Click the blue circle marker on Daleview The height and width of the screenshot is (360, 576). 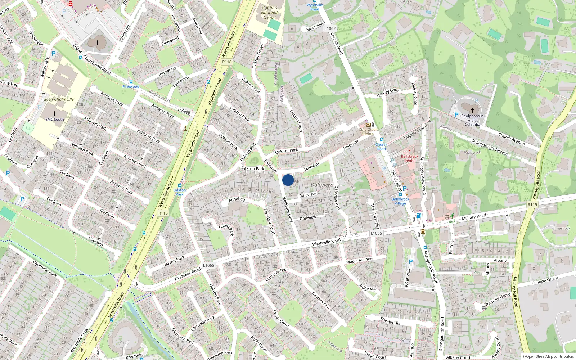click(x=288, y=180)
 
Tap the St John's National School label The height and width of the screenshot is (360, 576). click(x=269, y=13)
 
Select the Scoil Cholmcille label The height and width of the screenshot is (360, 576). click(x=59, y=99)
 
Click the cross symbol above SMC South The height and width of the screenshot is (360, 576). click(x=55, y=113)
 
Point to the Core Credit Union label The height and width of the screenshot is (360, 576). click(x=368, y=131)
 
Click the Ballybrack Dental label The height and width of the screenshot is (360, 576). click(x=410, y=158)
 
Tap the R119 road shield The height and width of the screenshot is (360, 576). click(x=532, y=204)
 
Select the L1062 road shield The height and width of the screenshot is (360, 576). click(x=330, y=28)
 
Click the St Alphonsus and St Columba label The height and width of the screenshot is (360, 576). click(x=472, y=120)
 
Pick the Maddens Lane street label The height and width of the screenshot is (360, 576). click(x=287, y=209)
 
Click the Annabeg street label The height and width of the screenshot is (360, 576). click(x=237, y=199)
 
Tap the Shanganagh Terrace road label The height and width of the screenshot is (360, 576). click(x=490, y=147)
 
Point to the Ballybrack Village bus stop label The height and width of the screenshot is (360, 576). click(x=400, y=201)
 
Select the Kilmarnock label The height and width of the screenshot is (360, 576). click(x=561, y=228)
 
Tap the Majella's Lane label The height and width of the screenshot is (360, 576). click(x=415, y=132)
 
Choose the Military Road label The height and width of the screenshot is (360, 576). click(x=474, y=217)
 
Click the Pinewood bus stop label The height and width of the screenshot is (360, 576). click(x=131, y=86)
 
